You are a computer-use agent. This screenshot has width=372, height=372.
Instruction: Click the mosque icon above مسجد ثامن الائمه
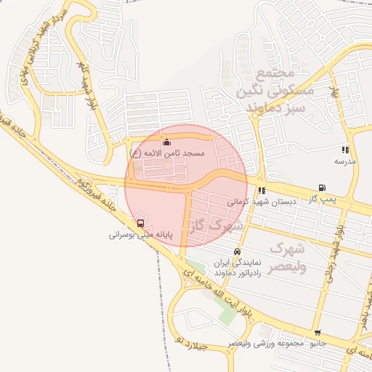[167, 142]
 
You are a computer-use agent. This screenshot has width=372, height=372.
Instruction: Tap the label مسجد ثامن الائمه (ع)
[168, 154]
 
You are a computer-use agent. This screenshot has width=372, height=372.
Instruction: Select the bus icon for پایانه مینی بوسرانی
[140, 223]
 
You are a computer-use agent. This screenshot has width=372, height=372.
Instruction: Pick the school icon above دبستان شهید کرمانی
[262, 190]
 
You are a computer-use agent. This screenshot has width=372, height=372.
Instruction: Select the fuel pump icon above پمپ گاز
[322, 187]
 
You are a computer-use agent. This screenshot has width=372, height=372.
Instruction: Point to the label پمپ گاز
[320, 198]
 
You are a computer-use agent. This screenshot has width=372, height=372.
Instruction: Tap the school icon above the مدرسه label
[344, 150]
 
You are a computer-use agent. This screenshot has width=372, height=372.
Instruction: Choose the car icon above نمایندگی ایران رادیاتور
[237, 251]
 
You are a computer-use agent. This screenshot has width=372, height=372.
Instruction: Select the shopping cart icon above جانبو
[317, 331]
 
